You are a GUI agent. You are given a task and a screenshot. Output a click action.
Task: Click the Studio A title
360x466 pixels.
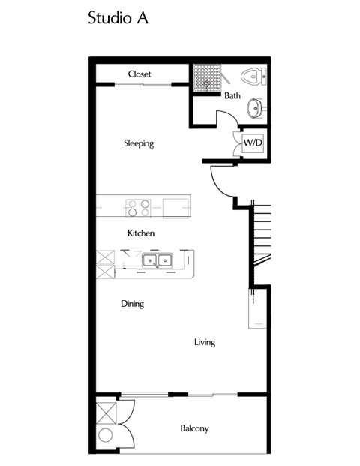(118, 19)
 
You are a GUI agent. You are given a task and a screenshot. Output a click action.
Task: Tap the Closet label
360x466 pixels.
(139, 74)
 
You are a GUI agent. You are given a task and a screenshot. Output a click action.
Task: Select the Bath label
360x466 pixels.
(232, 95)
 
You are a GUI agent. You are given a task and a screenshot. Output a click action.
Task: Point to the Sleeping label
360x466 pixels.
(139, 143)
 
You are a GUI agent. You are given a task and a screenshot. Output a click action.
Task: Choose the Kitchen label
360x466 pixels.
(141, 233)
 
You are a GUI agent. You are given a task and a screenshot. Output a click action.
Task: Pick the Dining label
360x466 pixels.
(132, 304)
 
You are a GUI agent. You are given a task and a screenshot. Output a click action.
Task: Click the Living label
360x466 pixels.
(205, 342)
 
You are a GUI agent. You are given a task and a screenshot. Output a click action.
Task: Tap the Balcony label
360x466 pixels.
(194, 429)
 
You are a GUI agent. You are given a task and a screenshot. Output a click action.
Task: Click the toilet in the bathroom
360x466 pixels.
(253, 76)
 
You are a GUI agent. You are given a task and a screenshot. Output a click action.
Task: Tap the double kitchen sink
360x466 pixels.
(157, 261)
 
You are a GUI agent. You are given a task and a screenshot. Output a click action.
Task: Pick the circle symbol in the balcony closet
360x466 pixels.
(105, 436)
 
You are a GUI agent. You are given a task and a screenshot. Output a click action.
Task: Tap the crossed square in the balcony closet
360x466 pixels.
(105, 413)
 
